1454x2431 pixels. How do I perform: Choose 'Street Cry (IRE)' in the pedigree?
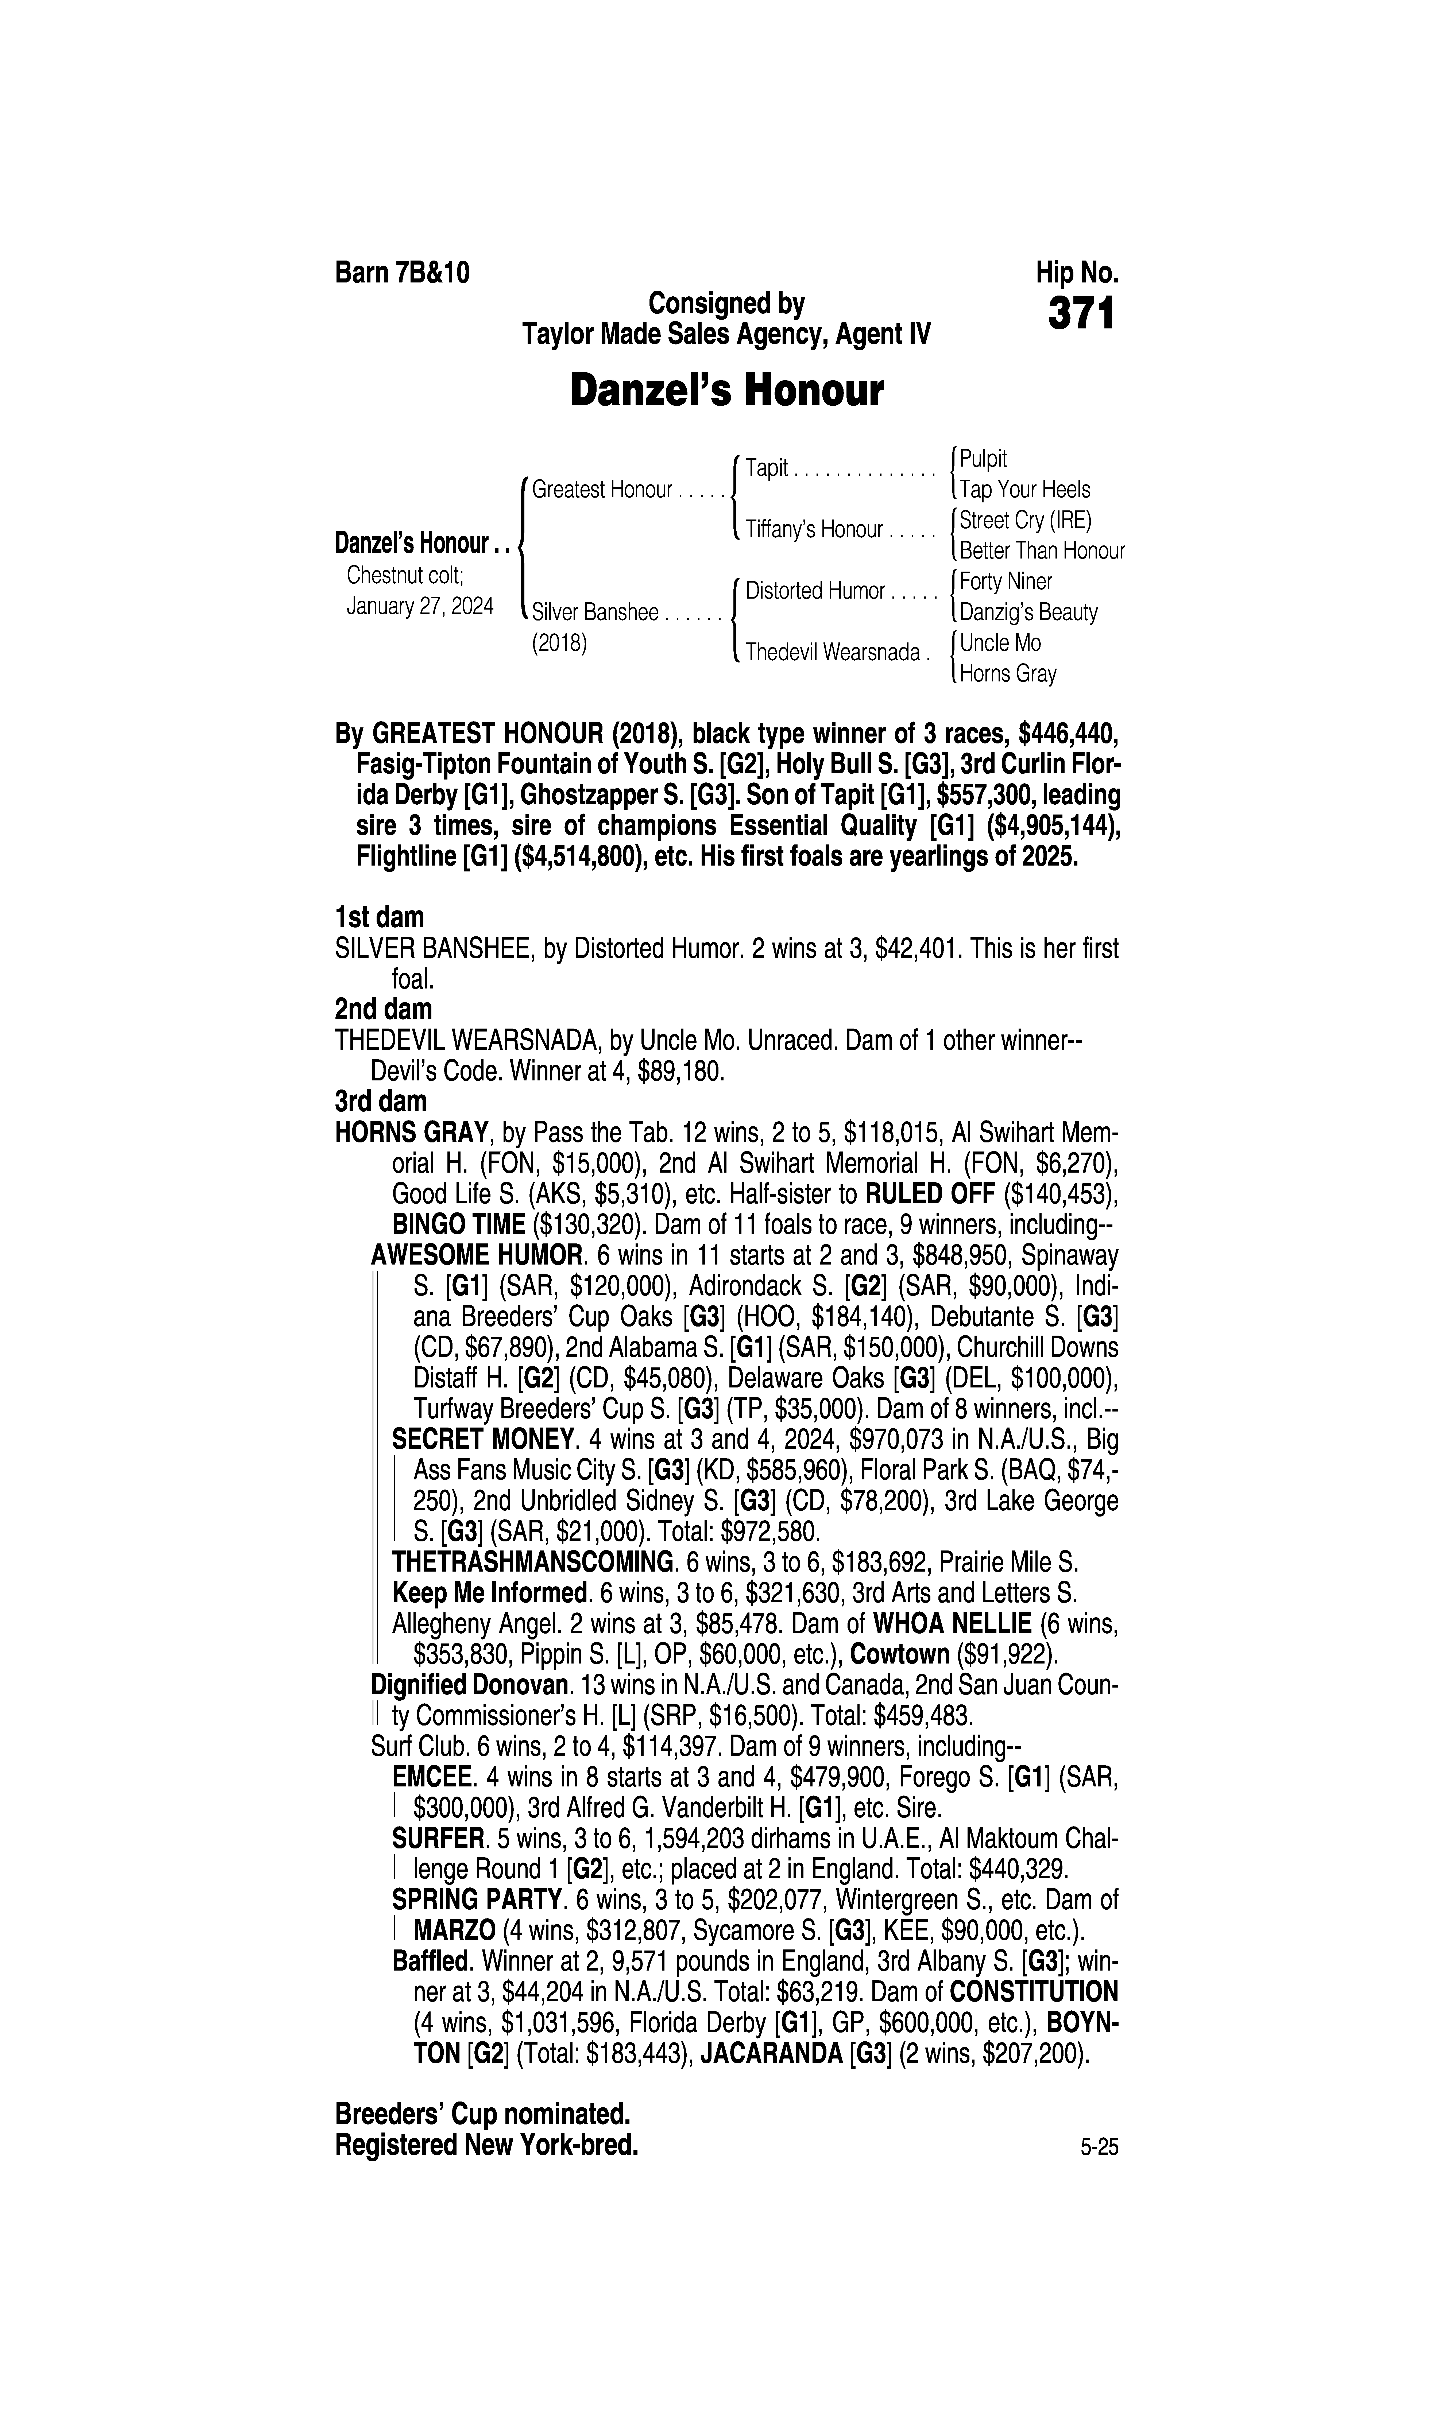(1025, 520)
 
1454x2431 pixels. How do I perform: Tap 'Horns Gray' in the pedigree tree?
(1007, 674)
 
